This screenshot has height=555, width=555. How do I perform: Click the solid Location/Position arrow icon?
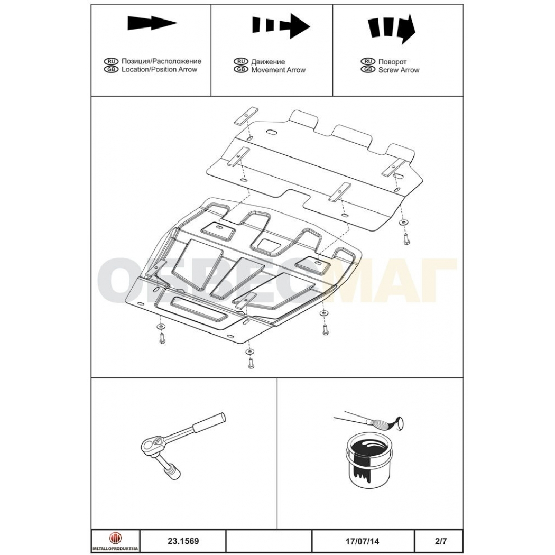(x=152, y=23)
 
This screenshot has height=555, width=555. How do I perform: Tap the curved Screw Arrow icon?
(x=391, y=29)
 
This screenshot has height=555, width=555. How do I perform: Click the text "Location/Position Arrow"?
(x=159, y=69)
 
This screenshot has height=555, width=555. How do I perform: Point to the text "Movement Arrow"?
(x=278, y=70)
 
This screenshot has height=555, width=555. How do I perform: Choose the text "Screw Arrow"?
(x=399, y=70)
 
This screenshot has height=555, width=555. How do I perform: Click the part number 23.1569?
(x=183, y=541)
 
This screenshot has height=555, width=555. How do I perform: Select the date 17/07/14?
(x=362, y=541)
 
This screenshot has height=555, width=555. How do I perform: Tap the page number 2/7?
(x=441, y=541)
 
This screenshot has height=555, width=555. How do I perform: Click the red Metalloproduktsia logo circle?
(x=115, y=538)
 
